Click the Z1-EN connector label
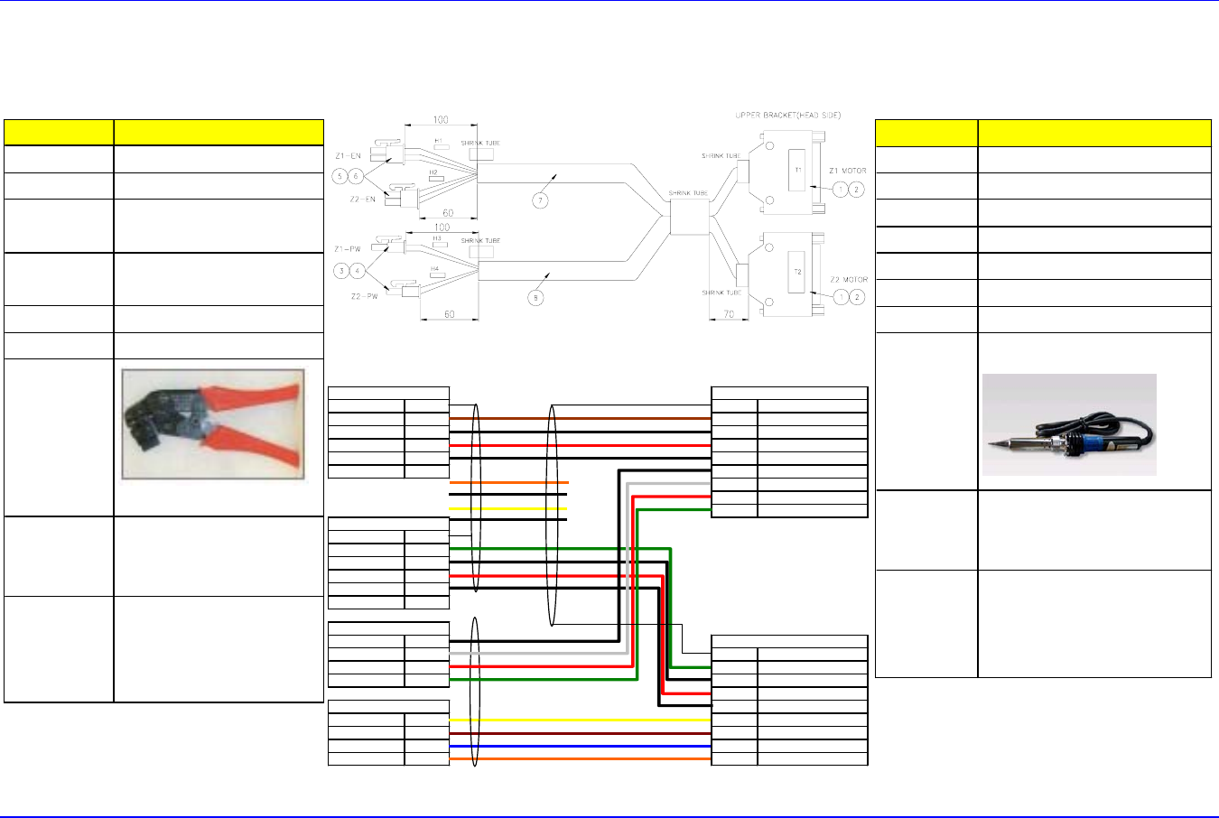pos(348,156)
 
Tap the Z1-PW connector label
pos(348,248)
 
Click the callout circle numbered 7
pos(540,200)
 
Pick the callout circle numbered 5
pos(340,175)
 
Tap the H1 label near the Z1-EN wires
pos(439,141)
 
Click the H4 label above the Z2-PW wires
pos(434,268)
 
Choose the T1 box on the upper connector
pos(798,170)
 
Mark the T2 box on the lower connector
pos(798,272)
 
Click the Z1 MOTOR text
pos(847,171)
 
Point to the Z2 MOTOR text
pos(848,280)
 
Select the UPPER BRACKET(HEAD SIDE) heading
pos(789,116)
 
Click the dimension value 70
pos(728,315)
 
